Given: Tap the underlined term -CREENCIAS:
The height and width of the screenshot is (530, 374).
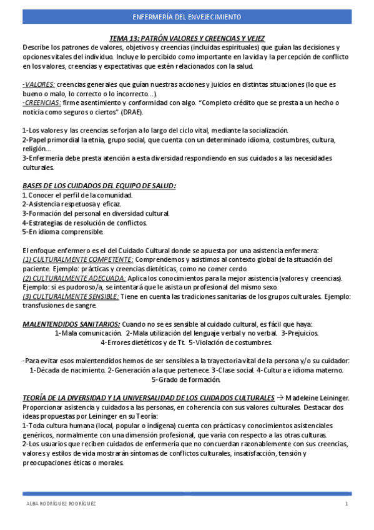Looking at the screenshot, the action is pyautogui.click(x=41, y=102).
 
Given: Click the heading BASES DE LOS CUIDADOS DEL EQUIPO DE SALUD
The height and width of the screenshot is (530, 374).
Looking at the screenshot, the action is pyautogui.click(x=99, y=186).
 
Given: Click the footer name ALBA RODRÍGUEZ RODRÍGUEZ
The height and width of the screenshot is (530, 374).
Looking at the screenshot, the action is pyautogui.click(x=61, y=504).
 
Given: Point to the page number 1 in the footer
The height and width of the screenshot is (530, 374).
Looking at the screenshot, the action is pyautogui.click(x=346, y=504).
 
